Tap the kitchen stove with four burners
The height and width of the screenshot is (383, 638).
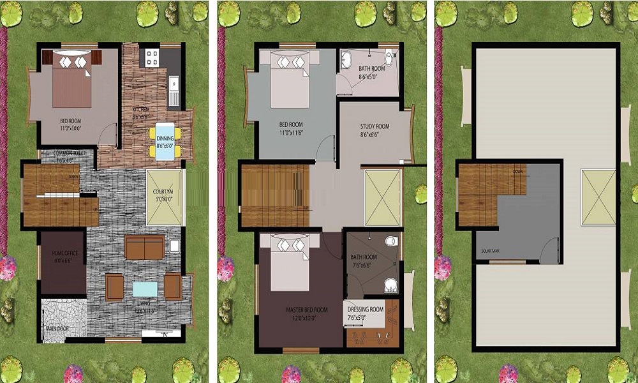pos(152,58)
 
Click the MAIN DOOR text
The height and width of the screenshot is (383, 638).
pos(57,329)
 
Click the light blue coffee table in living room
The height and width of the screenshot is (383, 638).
pos(145,287)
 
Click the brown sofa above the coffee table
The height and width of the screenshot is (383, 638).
pos(145,247)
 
